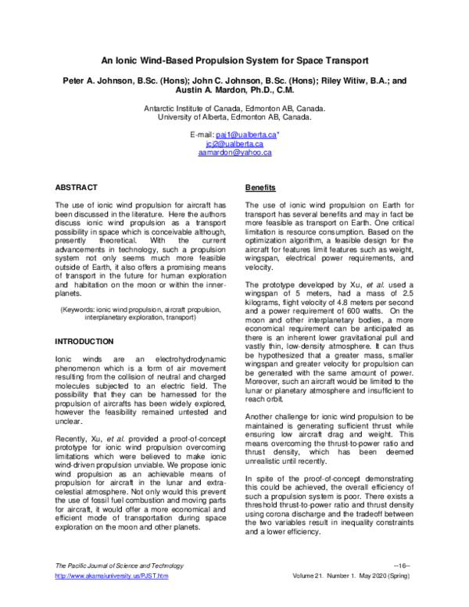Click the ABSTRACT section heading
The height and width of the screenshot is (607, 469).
pyautogui.click(x=76, y=188)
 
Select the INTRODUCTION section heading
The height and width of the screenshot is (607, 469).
pyautogui.click(x=84, y=343)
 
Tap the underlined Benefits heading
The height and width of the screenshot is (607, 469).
pyautogui.click(x=261, y=189)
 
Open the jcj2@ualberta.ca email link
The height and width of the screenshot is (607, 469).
pyautogui.click(x=234, y=143)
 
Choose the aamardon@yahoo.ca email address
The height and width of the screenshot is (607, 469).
pyautogui.click(x=234, y=153)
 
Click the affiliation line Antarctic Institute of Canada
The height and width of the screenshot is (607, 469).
pyautogui.click(x=234, y=109)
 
